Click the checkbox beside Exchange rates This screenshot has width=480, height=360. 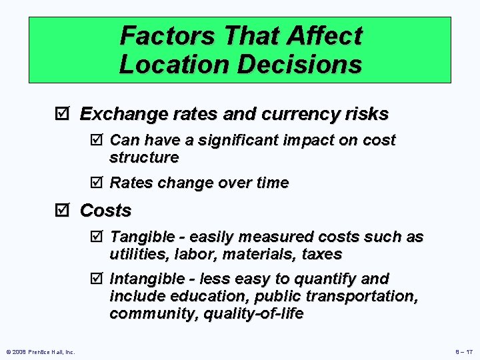coord(64,115)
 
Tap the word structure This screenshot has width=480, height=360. coord(144,158)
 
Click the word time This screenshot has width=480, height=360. coord(271,183)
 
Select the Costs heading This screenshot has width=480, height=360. coord(105,211)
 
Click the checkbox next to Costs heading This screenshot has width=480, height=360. coord(64,211)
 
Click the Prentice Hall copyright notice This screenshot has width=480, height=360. coord(39,351)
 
